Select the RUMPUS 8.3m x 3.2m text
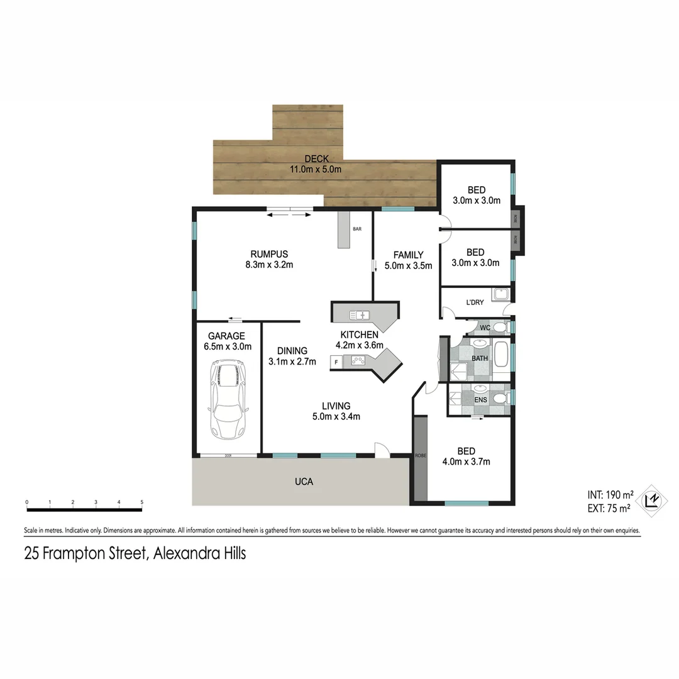click(x=269, y=260)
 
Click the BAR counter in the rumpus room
click(x=343, y=229)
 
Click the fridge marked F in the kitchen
click(x=336, y=362)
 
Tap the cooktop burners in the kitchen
click(x=358, y=361)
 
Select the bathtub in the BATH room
click(x=501, y=354)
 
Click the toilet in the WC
click(x=500, y=327)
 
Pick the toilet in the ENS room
click(x=500, y=399)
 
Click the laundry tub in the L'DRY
click(x=500, y=294)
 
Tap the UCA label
click(x=304, y=482)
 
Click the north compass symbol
click(x=654, y=499)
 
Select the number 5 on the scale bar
click(x=142, y=502)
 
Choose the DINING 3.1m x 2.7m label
click(x=292, y=356)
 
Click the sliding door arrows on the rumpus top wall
click(x=289, y=215)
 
